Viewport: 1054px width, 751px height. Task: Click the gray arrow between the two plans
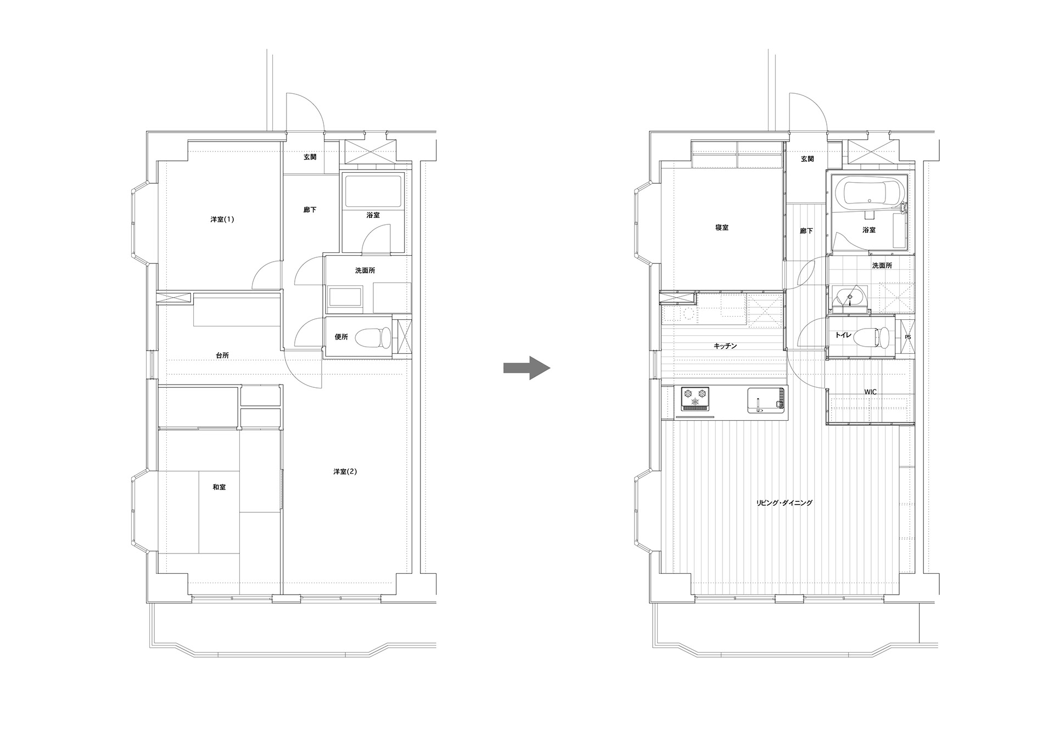(x=526, y=368)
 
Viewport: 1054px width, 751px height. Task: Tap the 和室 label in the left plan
(x=219, y=487)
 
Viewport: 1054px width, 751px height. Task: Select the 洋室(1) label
(x=222, y=219)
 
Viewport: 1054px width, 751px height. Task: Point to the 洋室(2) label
(x=345, y=471)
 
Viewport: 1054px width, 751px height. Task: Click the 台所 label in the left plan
(x=222, y=355)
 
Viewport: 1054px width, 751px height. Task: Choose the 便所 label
(x=341, y=337)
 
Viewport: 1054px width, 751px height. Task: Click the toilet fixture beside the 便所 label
(x=373, y=337)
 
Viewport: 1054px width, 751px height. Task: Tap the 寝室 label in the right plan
(x=722, y=228)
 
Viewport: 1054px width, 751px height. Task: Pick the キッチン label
(x=725, y=346)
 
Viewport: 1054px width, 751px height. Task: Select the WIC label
(x=870, y=392)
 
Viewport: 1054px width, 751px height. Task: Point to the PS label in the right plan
(x=907, y=337)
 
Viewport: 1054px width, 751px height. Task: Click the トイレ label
(x=843, y=335)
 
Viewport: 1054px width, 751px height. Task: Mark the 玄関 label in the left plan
(x=310, y=157)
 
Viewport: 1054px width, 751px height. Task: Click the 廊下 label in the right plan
(x=806, y=231)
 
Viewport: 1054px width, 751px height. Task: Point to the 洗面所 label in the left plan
(x=365, y=270)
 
